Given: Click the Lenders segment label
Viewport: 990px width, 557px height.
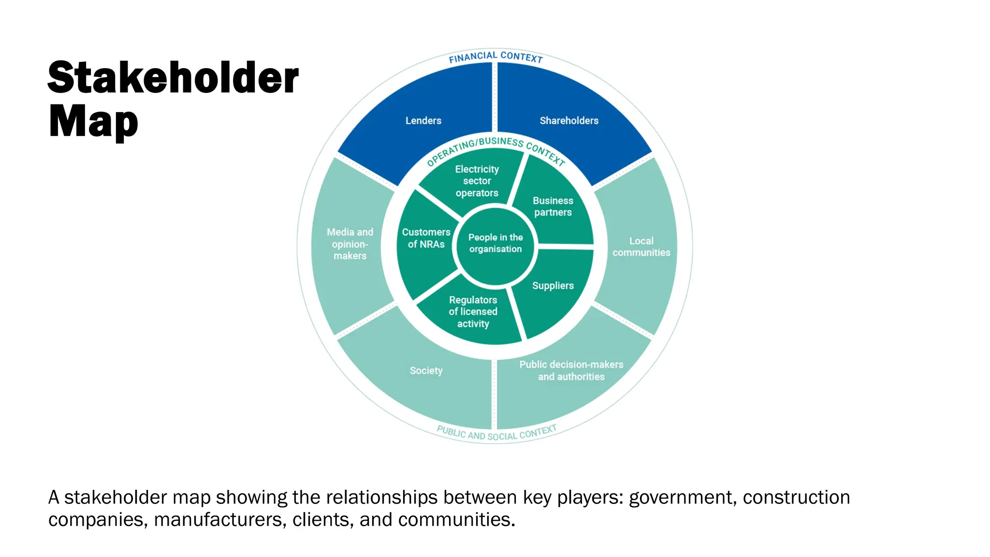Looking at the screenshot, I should [423, 120].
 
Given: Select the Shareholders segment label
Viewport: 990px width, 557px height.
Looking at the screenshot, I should [569, 120].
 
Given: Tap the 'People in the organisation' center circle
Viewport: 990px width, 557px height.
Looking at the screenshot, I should [495, 243].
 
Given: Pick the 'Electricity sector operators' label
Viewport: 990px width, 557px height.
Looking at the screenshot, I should [477, 181].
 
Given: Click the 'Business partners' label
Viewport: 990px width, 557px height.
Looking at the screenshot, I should [553, 206].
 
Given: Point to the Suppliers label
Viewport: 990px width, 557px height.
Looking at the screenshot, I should [553, 286].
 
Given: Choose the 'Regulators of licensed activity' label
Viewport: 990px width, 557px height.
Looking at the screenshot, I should [473, 312].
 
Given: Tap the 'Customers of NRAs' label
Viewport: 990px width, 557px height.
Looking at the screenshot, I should [426, 238].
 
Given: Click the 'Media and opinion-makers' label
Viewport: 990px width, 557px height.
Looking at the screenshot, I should [350, 244].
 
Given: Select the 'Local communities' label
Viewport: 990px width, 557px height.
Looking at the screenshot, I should [641, 247].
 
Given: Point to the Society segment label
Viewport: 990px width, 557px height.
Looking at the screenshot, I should [426, 371].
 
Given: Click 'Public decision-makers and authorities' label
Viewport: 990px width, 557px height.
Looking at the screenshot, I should [571, 370].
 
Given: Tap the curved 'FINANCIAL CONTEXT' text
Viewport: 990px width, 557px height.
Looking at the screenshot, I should [495, 57].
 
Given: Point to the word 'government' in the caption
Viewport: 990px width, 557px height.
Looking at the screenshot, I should [683, 498].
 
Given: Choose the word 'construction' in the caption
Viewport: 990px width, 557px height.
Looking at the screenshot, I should [796, 498].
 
